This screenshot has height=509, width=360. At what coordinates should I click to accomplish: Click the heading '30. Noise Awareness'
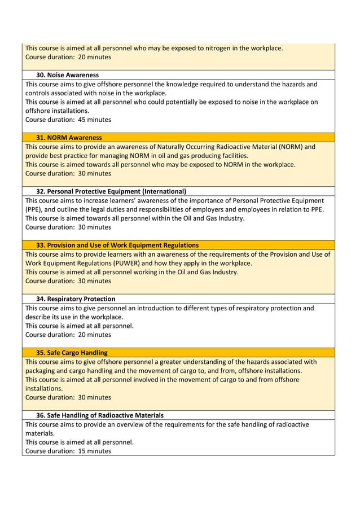[67, 75]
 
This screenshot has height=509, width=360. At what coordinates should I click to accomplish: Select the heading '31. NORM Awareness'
[69, 138]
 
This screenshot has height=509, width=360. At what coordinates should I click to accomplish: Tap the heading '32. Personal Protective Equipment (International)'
[111, 191]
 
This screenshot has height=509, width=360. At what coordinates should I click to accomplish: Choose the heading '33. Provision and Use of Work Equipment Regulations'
[117, 245]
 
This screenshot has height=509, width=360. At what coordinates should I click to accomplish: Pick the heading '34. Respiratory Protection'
[76, 299]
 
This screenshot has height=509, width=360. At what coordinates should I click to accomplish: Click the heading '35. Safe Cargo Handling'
[72, 353]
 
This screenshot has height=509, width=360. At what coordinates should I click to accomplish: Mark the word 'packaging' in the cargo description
[41, 371]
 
